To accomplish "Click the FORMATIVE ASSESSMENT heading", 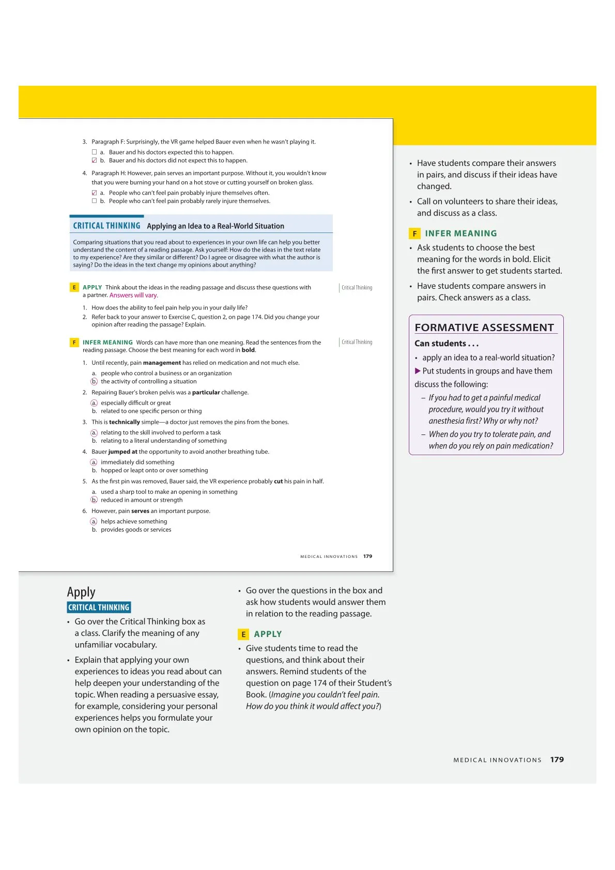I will pos(484,328).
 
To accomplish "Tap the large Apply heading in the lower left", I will pos(81,592).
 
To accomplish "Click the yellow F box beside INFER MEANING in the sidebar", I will pos(414,234).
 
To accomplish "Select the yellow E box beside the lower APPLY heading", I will pos(243,634).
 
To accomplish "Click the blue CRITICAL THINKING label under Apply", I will pos(99,608).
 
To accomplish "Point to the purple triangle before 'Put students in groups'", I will pos(418,371).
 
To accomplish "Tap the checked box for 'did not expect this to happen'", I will pos(94,161).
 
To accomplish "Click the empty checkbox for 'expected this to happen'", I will pos(94,152).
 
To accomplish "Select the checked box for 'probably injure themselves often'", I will pos(94,193).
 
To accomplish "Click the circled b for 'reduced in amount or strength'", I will pos(94,500).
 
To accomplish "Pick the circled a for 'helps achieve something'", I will pos(94,522).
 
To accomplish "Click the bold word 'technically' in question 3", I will pos(125,422).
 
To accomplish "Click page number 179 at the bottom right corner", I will pos(557,760).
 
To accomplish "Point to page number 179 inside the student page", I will pos(367,556).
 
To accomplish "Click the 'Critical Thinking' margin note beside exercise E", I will pos(357,288).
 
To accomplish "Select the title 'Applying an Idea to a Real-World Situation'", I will pos(216,226).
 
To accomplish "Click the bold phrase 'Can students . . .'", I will pos(447,344).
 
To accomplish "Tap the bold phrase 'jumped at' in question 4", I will pos(123,452).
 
